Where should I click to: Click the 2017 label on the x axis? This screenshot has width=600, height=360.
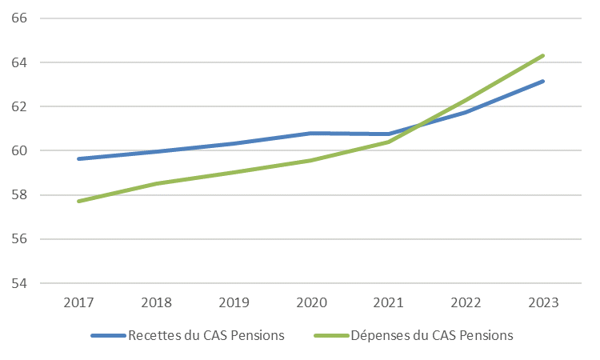[x=78, y=304]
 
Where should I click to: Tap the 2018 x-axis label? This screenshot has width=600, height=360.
[x=155, y=304]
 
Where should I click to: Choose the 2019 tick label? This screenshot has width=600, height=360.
[x=233, y=304]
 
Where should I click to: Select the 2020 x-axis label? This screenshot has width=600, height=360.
[x=310, y=304]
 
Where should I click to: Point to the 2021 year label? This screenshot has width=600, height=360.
[x=388, y=304]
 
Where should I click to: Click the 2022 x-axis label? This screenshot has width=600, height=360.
[x=466, y=304]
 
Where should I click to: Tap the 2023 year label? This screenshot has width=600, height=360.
[x=543, y=304]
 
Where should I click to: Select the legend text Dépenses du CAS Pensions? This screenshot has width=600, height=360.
[x=431, y=335]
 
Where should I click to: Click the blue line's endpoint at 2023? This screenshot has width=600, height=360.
[x=543, y=81]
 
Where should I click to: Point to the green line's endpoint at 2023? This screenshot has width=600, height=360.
[x=543, y=55]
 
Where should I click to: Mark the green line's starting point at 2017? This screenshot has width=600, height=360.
[x=78, y=201]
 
